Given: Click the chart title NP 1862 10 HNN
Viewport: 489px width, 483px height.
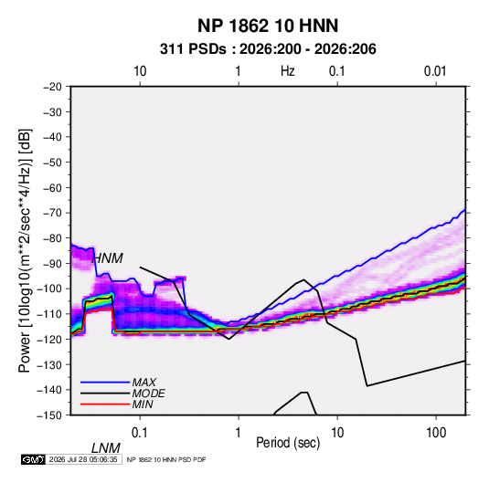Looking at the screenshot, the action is [x=268, y=26].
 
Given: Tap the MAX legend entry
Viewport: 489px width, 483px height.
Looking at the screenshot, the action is [x=144, y=382].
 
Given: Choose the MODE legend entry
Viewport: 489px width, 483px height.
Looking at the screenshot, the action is [x=148, y=394].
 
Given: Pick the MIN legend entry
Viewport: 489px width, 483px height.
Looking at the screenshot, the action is [x=143, y=404].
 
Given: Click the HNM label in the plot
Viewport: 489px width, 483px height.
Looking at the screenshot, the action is [x=108, y=258].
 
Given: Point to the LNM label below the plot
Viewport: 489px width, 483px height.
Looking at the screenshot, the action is [x=106, y=448].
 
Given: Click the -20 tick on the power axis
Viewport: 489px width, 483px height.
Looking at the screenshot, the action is [x=52, y=87].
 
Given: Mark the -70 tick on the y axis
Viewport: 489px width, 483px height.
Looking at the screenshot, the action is [x=52, y=213].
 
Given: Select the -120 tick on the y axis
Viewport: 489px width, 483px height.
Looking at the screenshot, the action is [x=49, y=339].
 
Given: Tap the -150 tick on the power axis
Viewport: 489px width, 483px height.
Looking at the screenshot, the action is [x=49, y=415].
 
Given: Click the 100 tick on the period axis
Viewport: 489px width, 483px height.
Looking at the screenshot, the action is [x=436, y=433].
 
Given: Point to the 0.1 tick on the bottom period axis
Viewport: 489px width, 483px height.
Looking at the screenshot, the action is [x=140, y=433].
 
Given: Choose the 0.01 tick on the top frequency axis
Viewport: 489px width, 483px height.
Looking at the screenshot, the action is [x=435, y=71].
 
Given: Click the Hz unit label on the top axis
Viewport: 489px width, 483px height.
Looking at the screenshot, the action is [x=288, y=71].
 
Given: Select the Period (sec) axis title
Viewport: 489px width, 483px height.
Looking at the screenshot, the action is [x=288, y=443].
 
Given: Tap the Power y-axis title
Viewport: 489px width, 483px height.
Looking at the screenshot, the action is [x=25, y=251].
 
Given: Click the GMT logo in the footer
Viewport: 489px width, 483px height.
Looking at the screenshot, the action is [x=33, y=459].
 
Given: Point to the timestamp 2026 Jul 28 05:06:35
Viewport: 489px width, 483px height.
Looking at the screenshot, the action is [x=83, y=459].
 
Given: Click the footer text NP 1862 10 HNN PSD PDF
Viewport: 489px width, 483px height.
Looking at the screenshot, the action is [x=166, y=459].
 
